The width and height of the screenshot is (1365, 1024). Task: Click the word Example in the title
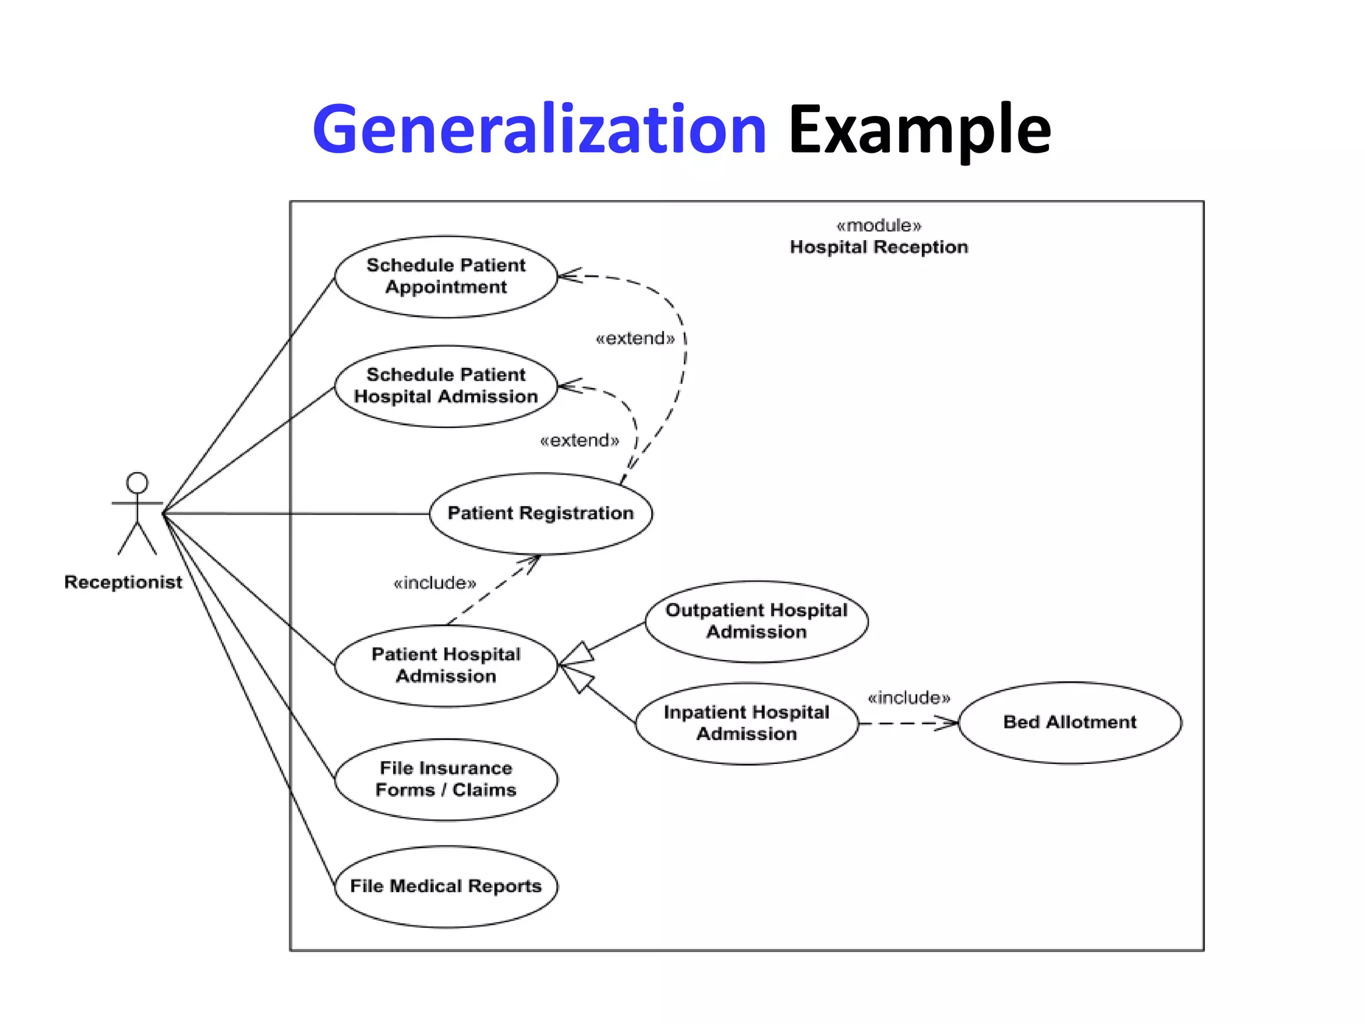point(919,130)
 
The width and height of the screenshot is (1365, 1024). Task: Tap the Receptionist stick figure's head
point(137,483)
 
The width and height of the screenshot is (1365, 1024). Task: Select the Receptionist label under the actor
point(123,582)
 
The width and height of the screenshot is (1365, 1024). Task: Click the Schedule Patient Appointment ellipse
point(446,276)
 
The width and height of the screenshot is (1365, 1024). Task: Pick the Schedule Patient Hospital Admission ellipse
point(446,386)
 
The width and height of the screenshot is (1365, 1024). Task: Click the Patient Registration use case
point(541,513)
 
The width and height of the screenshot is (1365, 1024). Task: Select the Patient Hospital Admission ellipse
point(446,665)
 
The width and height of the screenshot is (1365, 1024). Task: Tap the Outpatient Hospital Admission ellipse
point(756,621)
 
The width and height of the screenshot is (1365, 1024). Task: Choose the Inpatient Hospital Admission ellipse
point(746,723)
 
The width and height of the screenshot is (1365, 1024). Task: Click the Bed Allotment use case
point(1070,722)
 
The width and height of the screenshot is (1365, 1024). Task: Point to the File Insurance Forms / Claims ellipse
point(446,779)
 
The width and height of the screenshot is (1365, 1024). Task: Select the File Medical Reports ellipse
point(446,886)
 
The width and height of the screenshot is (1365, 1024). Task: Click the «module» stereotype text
point(878,225)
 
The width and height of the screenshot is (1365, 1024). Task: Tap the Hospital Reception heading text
point(878,247)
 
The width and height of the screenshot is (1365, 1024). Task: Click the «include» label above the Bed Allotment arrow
point(908,698)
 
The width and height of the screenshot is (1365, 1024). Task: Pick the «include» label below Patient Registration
point(435,583)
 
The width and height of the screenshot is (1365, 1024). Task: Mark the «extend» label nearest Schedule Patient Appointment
point(635,339)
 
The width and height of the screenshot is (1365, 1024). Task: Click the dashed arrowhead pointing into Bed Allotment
point(947,723)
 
